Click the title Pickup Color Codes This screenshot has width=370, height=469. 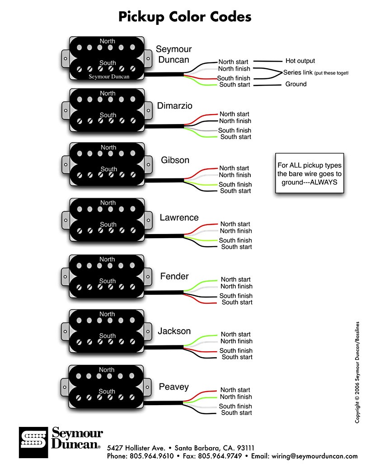185,17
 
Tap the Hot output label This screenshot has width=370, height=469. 300,61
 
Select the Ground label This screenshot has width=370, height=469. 296,84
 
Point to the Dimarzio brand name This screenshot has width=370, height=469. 174,106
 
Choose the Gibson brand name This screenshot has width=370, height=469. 175,160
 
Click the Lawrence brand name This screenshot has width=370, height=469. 179,218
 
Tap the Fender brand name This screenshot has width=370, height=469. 174,276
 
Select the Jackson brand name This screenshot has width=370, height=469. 174,331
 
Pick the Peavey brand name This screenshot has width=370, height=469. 173,387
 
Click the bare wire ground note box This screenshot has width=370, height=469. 309,174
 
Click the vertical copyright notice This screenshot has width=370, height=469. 357,372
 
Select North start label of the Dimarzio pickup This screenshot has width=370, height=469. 234,114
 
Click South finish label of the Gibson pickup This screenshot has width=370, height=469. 235,184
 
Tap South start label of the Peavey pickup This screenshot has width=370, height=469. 236,412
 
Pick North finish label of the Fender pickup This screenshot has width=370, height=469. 236,286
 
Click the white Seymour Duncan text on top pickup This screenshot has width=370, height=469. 109,77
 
